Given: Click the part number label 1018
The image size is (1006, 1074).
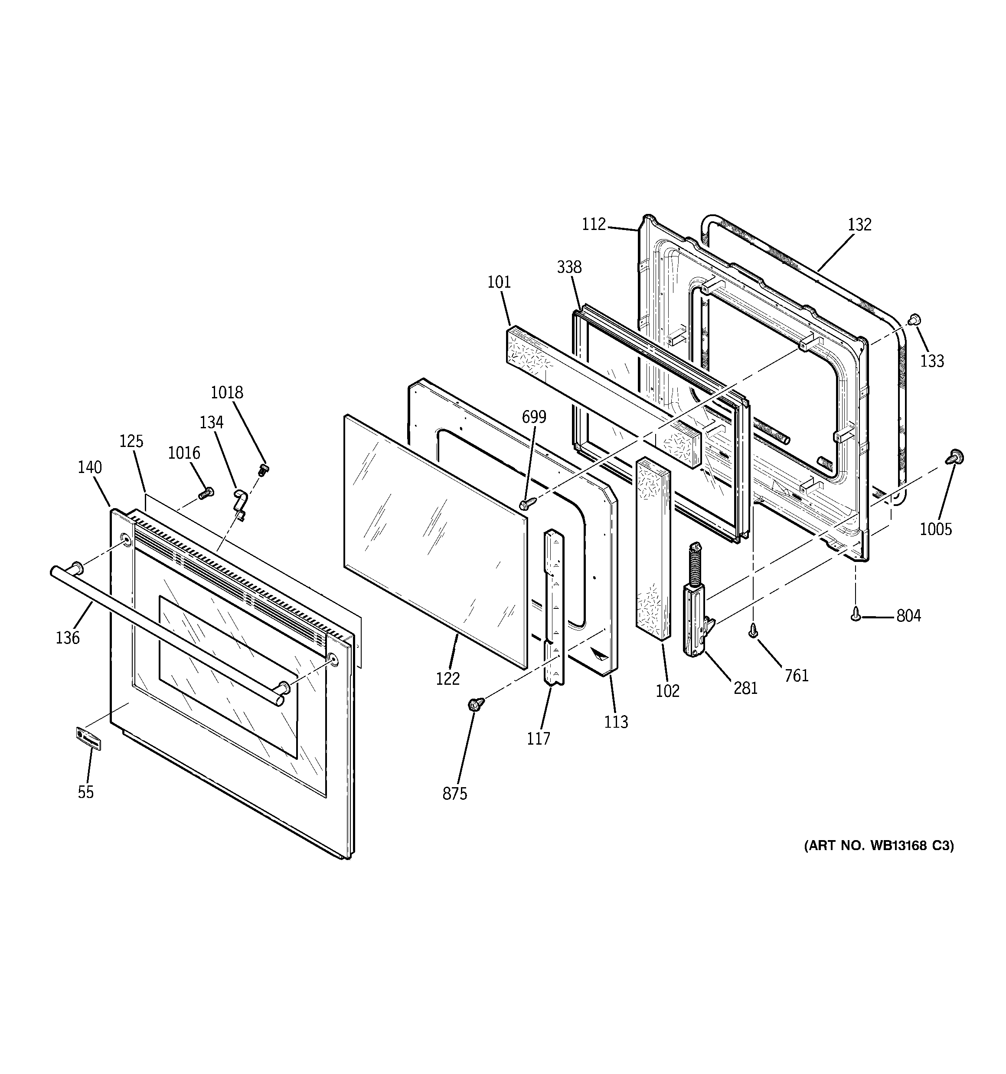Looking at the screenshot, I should tap(227, 392).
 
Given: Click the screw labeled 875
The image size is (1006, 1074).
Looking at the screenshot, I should tap(476, 703).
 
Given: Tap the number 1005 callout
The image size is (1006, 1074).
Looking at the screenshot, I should tap(936, 529).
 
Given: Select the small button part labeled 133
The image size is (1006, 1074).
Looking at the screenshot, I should tap(914, 320).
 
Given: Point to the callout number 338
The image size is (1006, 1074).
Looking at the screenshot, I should tap(569, 267).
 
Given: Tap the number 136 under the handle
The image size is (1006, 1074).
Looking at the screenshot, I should tap(68, 638).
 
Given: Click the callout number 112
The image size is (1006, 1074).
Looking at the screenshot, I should tap(594, 224).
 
